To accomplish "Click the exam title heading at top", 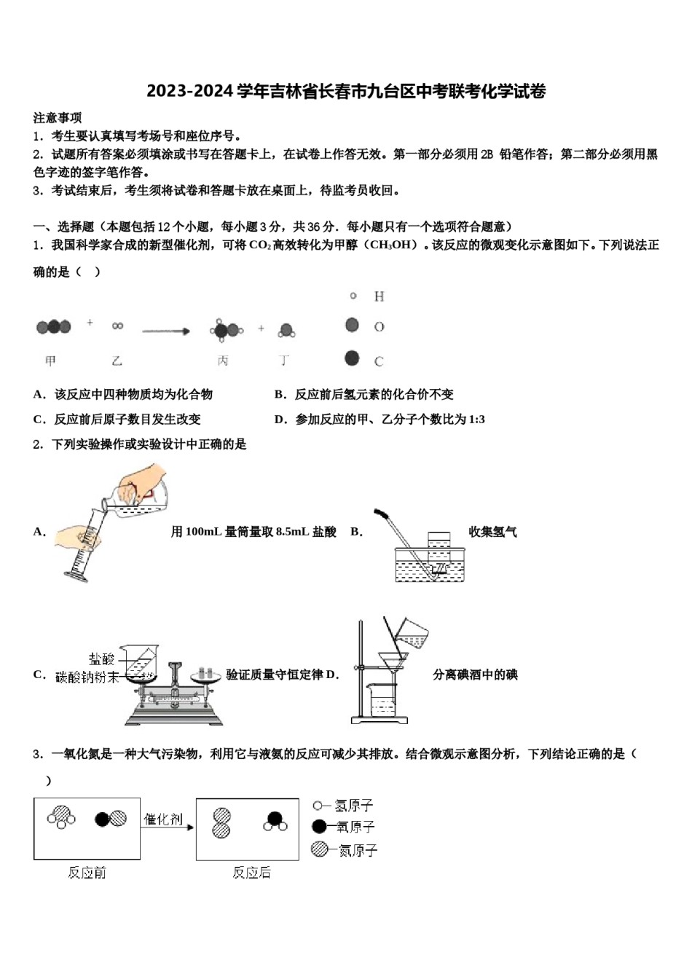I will [x=346, y=92].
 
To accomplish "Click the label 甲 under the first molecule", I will [x=50, y=361].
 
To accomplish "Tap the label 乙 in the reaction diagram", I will [x=117, y=361].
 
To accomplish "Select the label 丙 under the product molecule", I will [x=223, y=361].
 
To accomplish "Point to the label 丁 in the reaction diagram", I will [x=285, y=361].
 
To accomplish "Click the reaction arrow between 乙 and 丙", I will [x=166, y=331].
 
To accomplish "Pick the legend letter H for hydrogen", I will [x=379, y=296].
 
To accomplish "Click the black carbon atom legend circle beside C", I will [x=353, y=358].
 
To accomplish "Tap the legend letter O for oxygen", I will [x=379, y=327].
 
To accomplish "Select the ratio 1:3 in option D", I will [x=477, y=420].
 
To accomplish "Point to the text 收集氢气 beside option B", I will [x=492, y=532].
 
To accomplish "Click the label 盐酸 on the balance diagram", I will [x=101, y=659].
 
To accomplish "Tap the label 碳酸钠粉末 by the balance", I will [x=87, y=677].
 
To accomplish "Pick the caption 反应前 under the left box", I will [x=87, y=872].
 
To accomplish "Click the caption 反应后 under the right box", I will [x=251, y=872].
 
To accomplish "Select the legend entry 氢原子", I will [x=355, y=806].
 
